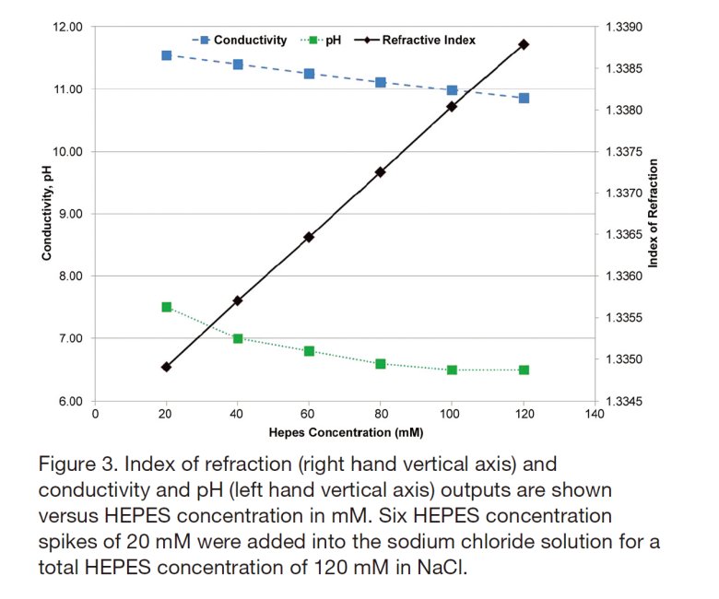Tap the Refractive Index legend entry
pos(429,41)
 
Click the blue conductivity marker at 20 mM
pos(167,55)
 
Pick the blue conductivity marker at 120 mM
pos(524,98)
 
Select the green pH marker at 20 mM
pos(167,307)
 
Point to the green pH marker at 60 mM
pos(310,351)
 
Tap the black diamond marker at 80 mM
pos(381,172)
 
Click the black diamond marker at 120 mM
pos(524,44)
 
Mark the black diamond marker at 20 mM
pos(167,367)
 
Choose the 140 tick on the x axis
pos(595,416)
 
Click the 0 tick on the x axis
pos(96,416)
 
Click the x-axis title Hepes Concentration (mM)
pos(346,431)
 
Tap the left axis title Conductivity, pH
pos(46,214)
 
